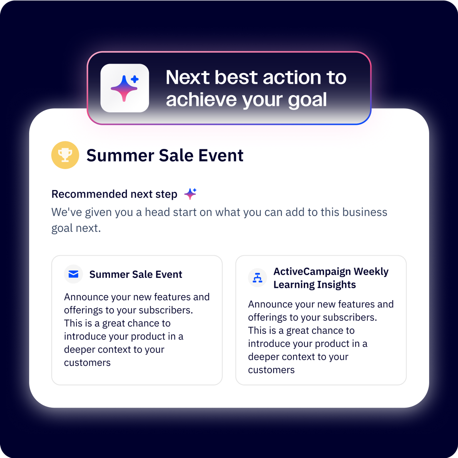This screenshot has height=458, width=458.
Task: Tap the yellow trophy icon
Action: [x=65, y=155]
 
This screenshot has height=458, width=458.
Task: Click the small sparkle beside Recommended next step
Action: [x=190, y=194]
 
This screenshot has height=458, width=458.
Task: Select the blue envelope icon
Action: [x=74, y=274]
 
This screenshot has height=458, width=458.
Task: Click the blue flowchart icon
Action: [x=257, y=278]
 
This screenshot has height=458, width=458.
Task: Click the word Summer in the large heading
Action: [x=120, y=155]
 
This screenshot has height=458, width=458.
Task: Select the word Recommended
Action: [x=89, y=194]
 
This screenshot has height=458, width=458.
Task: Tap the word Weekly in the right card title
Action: [x=371, y=272]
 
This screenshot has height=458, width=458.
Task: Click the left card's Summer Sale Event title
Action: [x=136, y=274]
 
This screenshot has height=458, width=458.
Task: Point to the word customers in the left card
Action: [x=87, y=363]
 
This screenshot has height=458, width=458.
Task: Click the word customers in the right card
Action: [x=271, y=370]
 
